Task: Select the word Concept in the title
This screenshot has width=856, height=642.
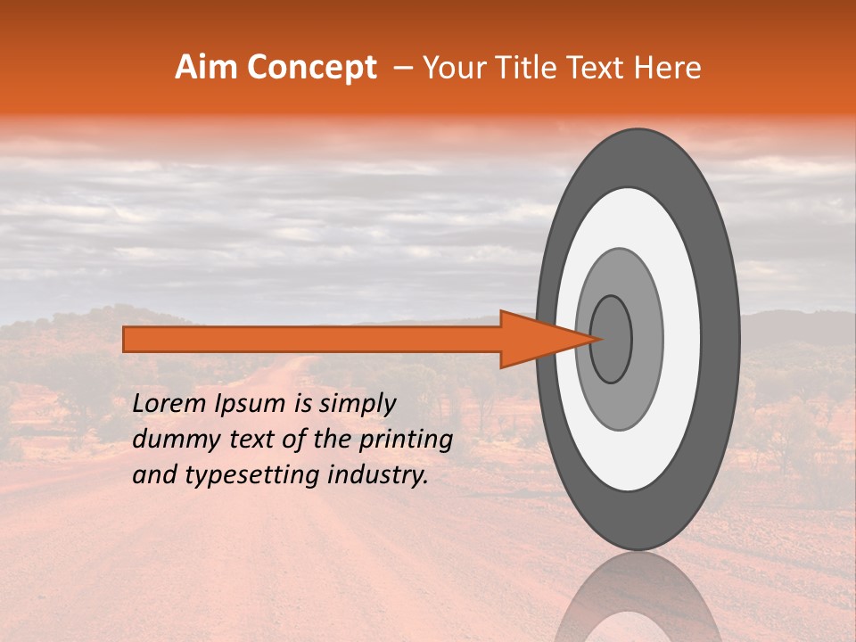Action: [x=313, y=68]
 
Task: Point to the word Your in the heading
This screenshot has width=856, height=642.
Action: [x=452, y=68]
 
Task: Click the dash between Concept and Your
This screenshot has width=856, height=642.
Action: [x=402, y=69]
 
